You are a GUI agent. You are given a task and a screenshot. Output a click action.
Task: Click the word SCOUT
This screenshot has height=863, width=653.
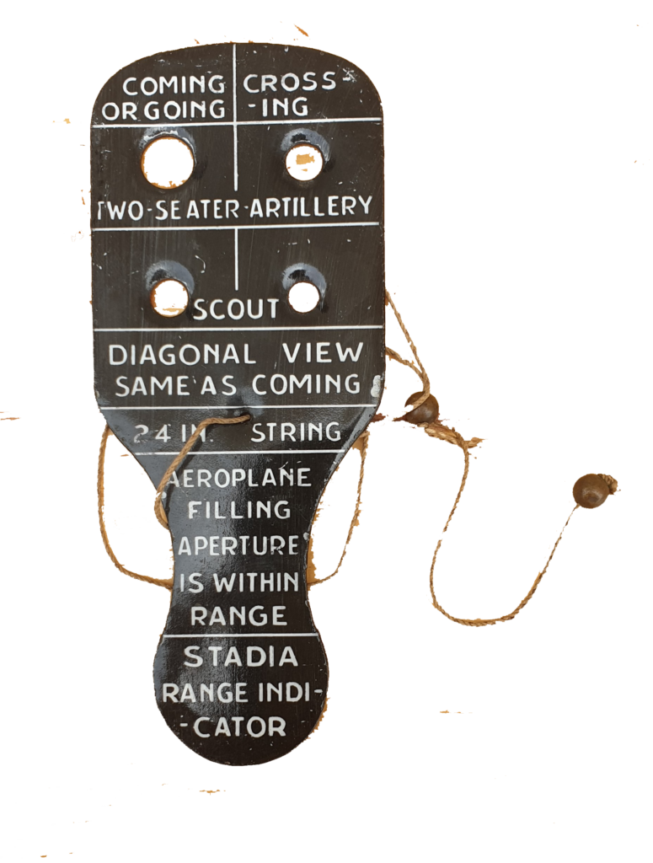click(236, 310)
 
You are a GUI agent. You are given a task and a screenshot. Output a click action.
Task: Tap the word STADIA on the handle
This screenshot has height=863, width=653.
click(241, 657)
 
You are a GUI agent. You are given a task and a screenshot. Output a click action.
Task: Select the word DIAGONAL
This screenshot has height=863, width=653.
click(182, 355)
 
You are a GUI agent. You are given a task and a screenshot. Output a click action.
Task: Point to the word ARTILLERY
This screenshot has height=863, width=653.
click(312, 206)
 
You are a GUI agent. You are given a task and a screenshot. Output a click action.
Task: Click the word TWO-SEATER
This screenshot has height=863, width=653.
click(169, 210)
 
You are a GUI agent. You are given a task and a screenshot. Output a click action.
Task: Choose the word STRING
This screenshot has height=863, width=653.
click(296, 432)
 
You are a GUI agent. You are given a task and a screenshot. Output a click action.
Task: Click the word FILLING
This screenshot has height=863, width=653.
click(239, 510)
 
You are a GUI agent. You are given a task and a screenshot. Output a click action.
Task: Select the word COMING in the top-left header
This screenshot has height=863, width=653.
click(174, 86)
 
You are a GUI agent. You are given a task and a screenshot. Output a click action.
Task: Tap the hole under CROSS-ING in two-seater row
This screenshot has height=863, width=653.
click(305, 161)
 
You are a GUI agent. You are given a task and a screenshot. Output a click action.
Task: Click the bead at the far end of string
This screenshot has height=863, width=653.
click(589, 490)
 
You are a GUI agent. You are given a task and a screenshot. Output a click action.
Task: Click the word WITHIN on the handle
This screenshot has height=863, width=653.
click(256, 582)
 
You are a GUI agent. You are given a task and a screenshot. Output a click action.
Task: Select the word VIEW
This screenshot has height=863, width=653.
click(323, 353)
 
